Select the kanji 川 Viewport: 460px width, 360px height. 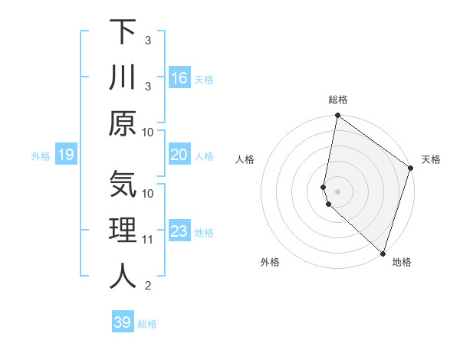point(123,77)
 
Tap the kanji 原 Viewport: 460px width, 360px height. point(123,123)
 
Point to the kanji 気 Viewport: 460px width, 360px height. point(123,185)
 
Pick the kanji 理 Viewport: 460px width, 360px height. point(123,231)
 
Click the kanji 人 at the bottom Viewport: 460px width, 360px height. point(123,277)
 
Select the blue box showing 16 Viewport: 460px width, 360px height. point(179,77)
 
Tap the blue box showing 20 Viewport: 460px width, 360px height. point(179,155)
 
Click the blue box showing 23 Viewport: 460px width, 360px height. point(179,231)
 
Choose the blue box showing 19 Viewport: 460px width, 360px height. point(65,155)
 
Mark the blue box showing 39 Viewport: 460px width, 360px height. point(122,322)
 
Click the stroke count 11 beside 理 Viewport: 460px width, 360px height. point(148,240)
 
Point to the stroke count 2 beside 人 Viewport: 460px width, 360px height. point(148,286)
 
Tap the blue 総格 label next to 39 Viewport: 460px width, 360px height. point(147,324)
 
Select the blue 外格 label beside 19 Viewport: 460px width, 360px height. point(41,156)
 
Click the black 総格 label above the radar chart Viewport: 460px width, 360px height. point(338,100)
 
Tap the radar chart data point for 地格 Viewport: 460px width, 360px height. point(383,254)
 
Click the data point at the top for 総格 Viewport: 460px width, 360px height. point(337,116)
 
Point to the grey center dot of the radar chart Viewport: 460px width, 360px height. point(337,191)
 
